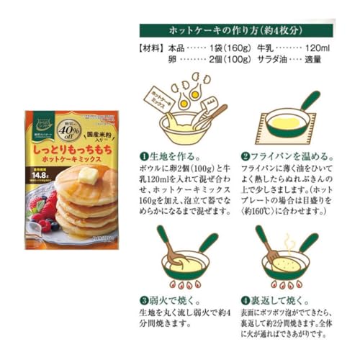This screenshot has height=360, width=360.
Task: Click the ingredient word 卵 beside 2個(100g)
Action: (171, 60)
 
